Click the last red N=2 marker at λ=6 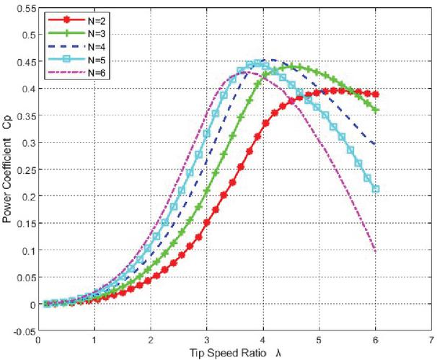pos(376,95)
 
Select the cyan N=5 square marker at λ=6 pos(376,189)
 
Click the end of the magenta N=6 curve pos(376,250)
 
